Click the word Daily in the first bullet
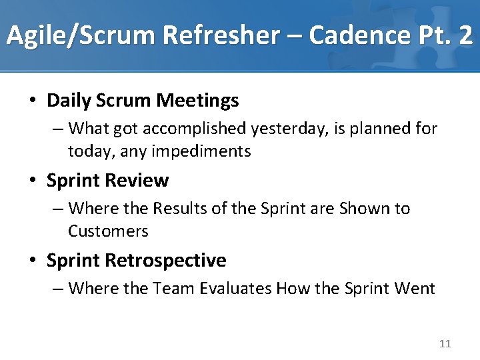click(x=69, y=101)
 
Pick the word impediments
click(x=202, y=151)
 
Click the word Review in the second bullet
click(x=139, y=181)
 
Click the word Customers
click(x=108, y=231)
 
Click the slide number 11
click(x=445, y=344)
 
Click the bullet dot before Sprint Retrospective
click(x=33, y=261)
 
